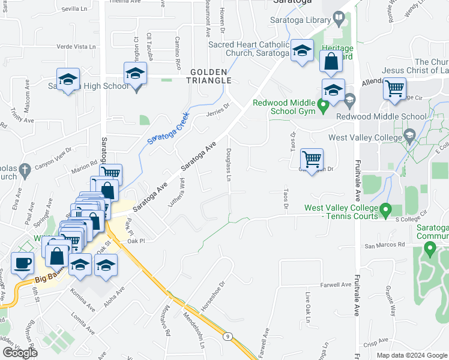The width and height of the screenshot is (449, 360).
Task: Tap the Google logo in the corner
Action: [20, 353]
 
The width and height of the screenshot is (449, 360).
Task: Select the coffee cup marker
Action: [23, 263]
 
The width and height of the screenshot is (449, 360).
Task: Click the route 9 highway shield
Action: [229, 337]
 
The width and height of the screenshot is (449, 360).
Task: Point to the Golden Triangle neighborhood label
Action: [210, 76]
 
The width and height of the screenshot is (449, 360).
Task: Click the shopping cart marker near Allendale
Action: [394, 89]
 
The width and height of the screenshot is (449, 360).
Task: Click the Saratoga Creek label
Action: [169, 128]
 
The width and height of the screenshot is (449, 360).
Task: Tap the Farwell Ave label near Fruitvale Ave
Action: [336, 285]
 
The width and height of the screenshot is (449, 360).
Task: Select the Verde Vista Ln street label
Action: [76, 46]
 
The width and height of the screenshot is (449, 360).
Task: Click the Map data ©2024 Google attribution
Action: [412, 355]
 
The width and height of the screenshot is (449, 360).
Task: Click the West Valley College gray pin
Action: [410, 134]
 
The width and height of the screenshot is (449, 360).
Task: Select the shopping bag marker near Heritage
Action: [331, 61]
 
